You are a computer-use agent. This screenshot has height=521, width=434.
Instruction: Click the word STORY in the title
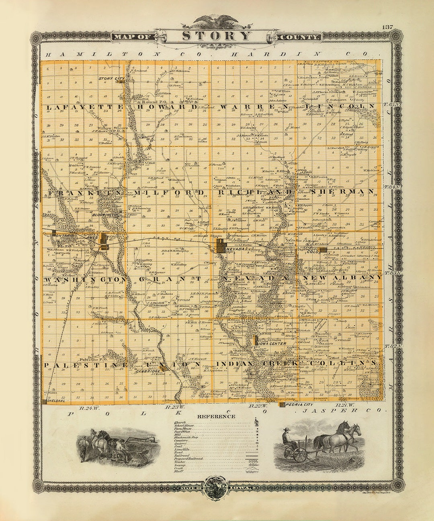click(x=217, y=36)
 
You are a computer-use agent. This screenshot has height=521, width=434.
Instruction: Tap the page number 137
click(x=387, y=27)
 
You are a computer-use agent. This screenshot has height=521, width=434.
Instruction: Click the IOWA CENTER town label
click(x=273, y=343)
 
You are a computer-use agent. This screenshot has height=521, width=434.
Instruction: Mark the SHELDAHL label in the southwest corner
click(x=56, y=401)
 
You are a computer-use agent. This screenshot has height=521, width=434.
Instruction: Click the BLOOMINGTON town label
click(x=105, y=215)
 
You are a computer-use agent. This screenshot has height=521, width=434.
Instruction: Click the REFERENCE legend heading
click(x=217, y=416)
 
